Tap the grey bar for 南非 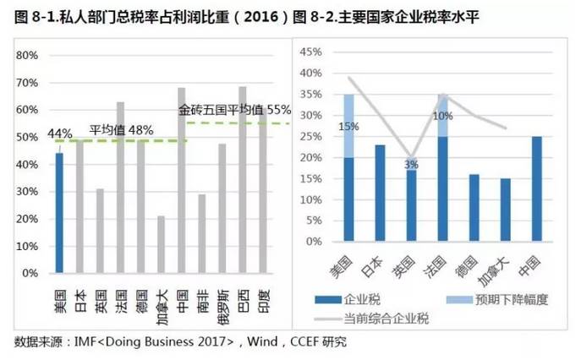point(201,234)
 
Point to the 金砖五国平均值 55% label point(234,110)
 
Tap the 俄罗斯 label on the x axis point(222,302)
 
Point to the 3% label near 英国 point(412,164)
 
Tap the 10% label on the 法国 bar point(442,117)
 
